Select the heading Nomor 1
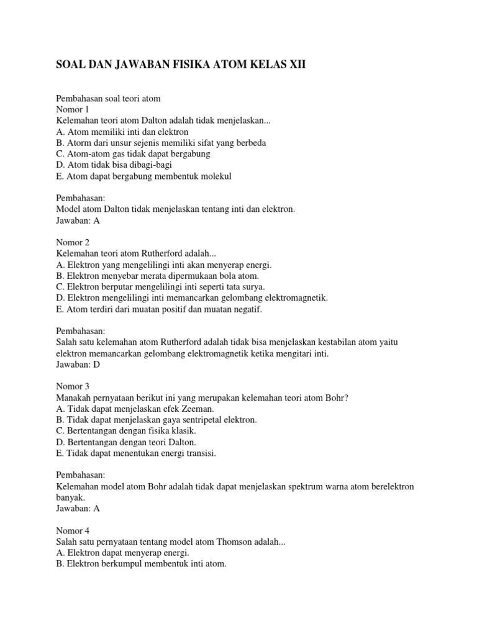[x=73, y=109]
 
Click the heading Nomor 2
[x=73, y=242]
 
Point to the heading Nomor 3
[x=73, y=386]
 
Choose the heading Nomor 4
[x=73, y=530]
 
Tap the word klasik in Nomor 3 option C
[x=184, y=431]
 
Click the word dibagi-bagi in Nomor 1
[x=151, y=165]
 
